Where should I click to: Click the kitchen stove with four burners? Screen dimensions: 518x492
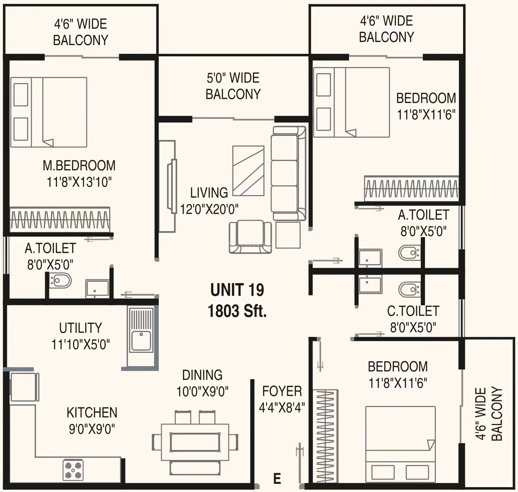click(x=73, y=470)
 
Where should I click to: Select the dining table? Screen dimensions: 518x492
click(x=195, y=442)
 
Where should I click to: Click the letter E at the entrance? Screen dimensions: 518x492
click(x=277, y=478)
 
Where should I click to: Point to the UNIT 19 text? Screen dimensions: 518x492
click(x=237, y=290)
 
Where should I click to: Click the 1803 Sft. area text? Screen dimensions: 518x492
click(x=237, y=311)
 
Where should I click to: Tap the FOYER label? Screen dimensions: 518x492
click(x=282, y=391)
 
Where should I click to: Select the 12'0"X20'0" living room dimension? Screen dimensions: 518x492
click(x=209, y=210)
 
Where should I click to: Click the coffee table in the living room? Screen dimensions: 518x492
click(x=248, y=171)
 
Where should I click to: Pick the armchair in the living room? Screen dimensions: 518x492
click(x=250, y=237)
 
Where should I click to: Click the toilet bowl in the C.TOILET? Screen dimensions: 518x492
click(x=409, y=290)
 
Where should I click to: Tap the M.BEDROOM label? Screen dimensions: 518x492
click(x=79, y=166)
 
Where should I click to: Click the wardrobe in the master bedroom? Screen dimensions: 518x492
click(x=60, y=220)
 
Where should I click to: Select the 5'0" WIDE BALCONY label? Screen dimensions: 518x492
click(x=233, y=86)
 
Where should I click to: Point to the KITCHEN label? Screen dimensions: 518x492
click(x=92, y=412)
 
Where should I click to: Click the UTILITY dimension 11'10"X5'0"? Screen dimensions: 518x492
click(x=81, y=344)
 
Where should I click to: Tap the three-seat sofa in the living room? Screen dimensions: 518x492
click(x=289, y=173)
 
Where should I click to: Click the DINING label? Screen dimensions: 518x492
click(x=203, y=375)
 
